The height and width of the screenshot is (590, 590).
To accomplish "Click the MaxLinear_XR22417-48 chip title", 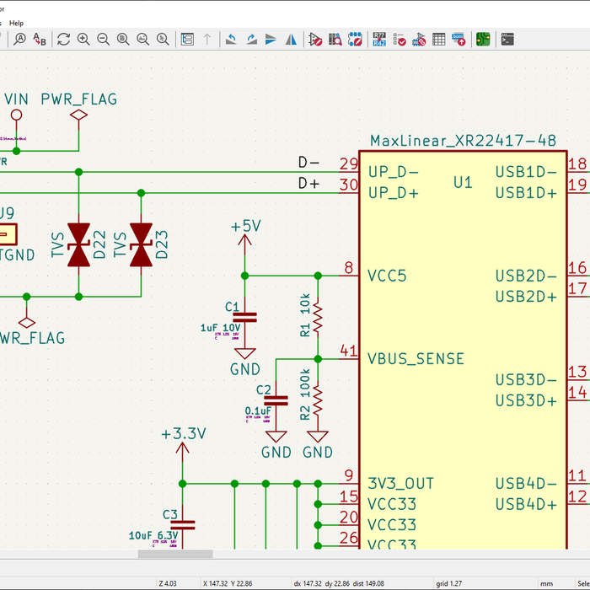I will [x=463, y=140].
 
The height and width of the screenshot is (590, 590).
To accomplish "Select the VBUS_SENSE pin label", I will [x=416, y=359].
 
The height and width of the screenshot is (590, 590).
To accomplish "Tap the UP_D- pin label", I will [x=394, y=172].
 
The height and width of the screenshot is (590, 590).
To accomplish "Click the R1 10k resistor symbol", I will [x=318, y=318].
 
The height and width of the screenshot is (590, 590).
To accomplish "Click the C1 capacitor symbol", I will [x=245, y=318].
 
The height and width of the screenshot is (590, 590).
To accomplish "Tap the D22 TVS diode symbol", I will [x=79, y=245].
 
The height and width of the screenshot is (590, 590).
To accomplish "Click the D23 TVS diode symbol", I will [x=141, y=245].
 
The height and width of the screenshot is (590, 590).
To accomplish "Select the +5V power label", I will [x=245, y=227].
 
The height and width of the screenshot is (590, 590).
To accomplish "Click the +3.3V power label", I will [x=183, y=434].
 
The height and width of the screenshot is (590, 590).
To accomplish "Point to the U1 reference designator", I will [x=463, y=182].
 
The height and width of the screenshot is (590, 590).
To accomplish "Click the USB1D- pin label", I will [x=526, y=172].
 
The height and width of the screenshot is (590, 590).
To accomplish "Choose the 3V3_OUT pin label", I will [x=400, y=484].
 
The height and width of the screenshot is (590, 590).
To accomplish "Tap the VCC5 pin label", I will [x=387, y=276].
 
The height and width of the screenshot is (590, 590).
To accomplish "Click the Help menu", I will [x=17, y=23].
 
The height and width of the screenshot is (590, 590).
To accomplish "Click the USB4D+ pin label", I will [x=526, y=504].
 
